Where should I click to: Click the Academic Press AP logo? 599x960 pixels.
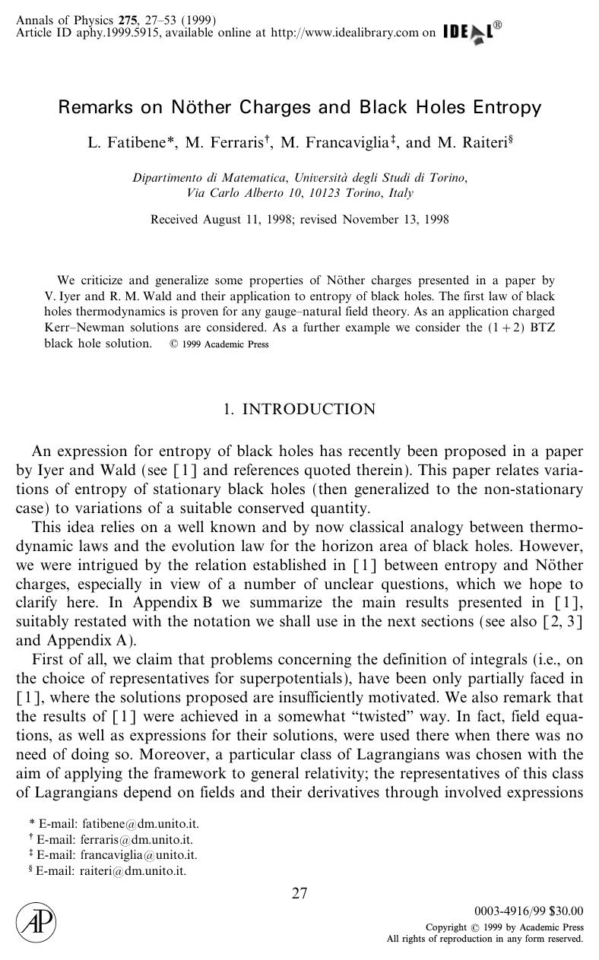point(36,924)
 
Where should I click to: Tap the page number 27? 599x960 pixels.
point(299,893)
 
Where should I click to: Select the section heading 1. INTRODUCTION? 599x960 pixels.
point(299,410)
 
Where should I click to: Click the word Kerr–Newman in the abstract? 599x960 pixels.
point(79,327)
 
